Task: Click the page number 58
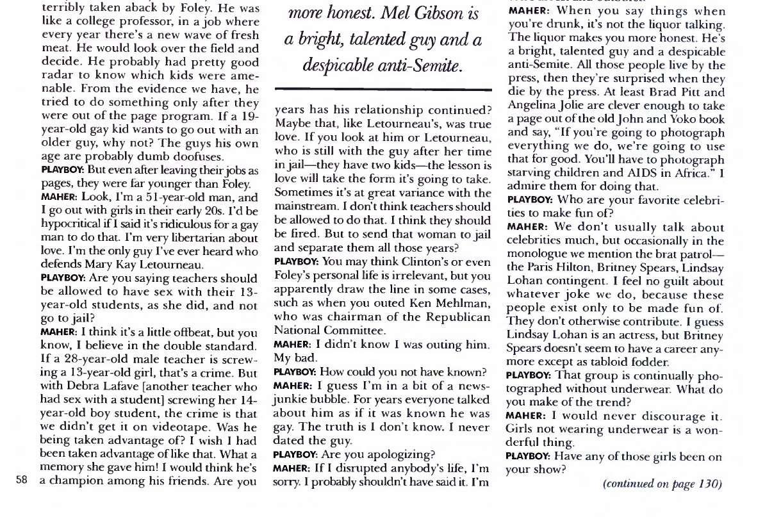coord(22,481)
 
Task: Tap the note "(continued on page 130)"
coord(662,484)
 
